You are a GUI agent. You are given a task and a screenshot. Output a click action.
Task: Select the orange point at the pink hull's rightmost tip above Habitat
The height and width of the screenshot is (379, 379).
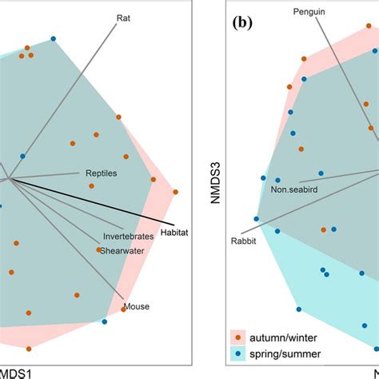click(x=173, y=192)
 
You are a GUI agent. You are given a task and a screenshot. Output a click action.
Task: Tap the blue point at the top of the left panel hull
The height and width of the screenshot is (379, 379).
click(x=54, y=38)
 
